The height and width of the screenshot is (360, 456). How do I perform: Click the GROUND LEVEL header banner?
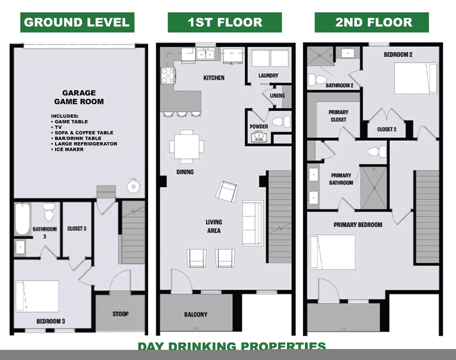pyautogui.click(x=77, y=22)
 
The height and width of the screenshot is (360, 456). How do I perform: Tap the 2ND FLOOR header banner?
pyautogui.click(x=372, y=22)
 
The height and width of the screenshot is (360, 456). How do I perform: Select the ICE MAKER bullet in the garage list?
pyautogui.click(x=67, y=149)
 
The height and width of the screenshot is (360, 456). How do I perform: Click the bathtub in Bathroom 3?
pyautogui.click(x=22, y=219)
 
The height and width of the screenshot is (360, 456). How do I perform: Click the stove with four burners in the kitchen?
pyautogui.click(x=168, y=75)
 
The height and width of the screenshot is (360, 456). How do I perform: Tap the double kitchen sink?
pyautogui.click(x=206, y=55)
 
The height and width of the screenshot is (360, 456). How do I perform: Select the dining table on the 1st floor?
pyautogui.click(x=187, y=146)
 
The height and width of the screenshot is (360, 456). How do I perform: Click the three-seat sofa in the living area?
pyautogui.click(x=253, y=223)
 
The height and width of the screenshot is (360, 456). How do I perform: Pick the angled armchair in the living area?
pyautogui.click(x=227, y=192)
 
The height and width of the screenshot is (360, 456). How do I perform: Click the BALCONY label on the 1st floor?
pyautogui.click(x=196, y=314)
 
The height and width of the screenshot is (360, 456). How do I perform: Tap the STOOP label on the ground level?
pyautogui.click(x=120, y=314)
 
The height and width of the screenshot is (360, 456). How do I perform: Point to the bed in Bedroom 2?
pyautogui.click(x=416, y=78)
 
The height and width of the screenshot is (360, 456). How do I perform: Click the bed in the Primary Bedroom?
pyautogui.click(x=332, y=252)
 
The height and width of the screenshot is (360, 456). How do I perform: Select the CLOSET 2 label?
pyautogui.click(x=387, y=129)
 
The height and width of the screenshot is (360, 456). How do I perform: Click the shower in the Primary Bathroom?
pyautogui.click(x=374, y=188)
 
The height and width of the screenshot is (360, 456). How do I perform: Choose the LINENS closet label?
pyautogui.click(x=277, y=95)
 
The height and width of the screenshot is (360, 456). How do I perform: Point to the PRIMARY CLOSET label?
pyautogui.click(x=338, y=116)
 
